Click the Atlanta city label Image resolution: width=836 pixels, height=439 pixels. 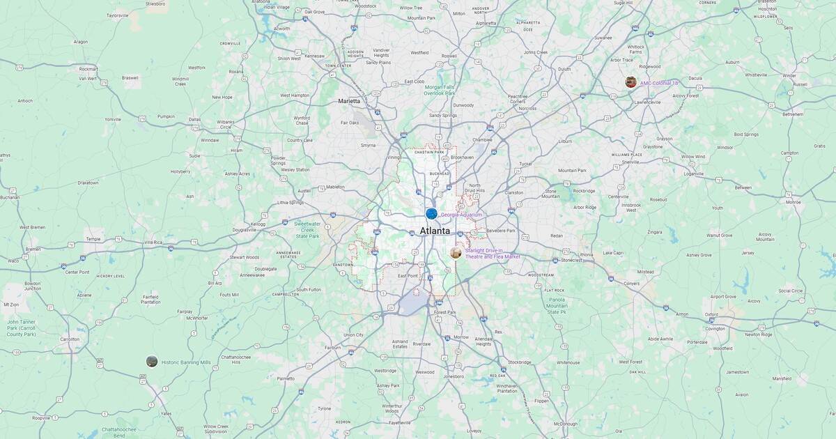click(435, 231)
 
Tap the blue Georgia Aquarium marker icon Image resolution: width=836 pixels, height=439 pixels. click(431, 214)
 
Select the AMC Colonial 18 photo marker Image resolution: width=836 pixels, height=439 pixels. click(630, 82)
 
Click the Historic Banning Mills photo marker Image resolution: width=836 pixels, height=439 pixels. click(152, 361)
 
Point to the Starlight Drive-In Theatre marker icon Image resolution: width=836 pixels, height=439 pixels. click(456, 252)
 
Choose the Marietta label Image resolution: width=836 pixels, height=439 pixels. click(349, 101)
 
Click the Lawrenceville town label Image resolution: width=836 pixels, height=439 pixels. click(647, 102)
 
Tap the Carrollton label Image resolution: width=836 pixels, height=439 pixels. click(70, 339)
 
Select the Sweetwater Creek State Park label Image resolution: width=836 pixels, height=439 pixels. click(307, 230)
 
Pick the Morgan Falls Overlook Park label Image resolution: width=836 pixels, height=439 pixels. click(440, 90)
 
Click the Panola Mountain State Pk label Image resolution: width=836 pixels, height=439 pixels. click(557, 306)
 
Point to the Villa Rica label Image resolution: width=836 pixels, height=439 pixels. click(153, 242)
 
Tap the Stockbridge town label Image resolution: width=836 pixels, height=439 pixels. click(520, 362)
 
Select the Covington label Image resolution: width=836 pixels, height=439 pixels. click(715, 328)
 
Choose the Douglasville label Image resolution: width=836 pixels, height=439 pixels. click(244, 229)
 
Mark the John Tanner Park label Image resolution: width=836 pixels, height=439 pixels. click(21, 328)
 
